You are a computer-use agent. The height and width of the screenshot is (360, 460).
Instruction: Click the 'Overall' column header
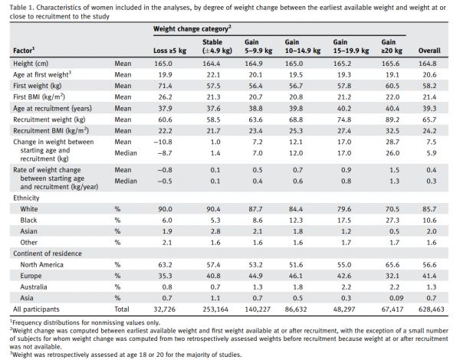(x=429, y=51)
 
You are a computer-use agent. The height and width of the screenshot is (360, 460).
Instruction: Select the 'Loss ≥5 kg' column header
(x=169, y=51)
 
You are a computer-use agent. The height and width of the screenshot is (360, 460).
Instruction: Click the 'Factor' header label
(x=24, y=50)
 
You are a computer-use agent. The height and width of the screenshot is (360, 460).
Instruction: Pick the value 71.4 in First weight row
(x=165, y=86)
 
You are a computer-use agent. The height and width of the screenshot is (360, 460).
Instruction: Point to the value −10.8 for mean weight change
(x=163, y=142)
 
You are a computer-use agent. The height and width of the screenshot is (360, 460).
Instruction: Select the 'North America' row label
(x=41, y=265)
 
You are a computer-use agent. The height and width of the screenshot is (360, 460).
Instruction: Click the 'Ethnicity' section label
(x=26, y=198)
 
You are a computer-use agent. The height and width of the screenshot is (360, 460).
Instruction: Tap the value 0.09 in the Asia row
(x=396, y=298)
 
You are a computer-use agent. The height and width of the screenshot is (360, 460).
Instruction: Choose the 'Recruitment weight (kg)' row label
(x=49, y=119)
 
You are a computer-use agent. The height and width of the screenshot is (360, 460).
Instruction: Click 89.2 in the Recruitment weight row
(x=393, y=119)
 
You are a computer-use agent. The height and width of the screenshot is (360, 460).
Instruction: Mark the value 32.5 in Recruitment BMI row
(x=393, y=131)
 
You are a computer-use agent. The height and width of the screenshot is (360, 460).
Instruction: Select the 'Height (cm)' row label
(x=31, y=64)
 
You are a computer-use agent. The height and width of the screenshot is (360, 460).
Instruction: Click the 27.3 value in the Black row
(x=393, y=220)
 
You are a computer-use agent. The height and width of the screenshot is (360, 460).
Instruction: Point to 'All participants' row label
(x=36, y=309)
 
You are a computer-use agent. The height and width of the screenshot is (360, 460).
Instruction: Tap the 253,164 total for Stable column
(x=215, y=309)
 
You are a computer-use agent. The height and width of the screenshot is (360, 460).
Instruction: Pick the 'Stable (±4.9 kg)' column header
(x=217, y=46)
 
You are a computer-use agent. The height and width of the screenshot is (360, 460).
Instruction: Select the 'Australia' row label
(x=34, y=287)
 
